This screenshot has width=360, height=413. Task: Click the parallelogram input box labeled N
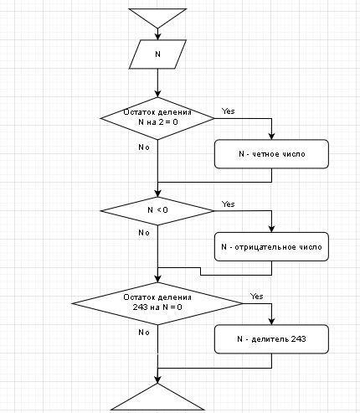point(157,54)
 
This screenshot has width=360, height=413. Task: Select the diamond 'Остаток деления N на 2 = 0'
point(157,118)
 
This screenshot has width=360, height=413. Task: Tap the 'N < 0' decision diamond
point(157,211)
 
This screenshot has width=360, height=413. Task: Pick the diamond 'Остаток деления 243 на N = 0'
point(157,303)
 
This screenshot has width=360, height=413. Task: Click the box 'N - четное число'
point(271,154)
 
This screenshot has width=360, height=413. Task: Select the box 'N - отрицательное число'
point(271,246)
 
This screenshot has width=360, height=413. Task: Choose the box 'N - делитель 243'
point(271,339)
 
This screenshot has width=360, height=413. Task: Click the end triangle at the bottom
point(157,398)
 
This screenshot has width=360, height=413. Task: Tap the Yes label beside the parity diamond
point(229,111)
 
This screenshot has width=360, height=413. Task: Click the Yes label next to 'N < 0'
point(229,204)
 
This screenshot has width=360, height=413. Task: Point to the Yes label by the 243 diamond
point(256,297)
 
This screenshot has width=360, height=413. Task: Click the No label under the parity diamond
point(144,147)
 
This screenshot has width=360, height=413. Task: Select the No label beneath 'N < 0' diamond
point(144,233)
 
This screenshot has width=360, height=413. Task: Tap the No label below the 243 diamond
point(144,333)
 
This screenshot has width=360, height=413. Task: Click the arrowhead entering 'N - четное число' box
point(271,137)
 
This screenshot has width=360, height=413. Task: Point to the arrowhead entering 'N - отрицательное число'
point(271,229)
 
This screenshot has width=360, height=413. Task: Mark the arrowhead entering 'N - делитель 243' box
point(271,322)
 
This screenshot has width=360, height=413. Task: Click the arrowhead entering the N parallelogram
point(157,37)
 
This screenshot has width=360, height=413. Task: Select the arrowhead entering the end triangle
point(157,379)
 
